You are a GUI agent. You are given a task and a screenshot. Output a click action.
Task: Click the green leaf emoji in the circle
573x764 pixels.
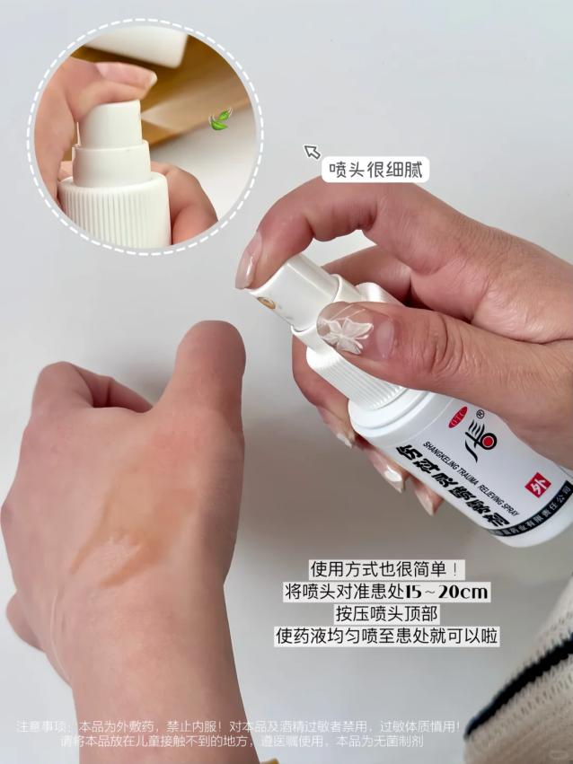220,119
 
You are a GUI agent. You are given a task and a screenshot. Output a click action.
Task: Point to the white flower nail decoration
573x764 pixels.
348,332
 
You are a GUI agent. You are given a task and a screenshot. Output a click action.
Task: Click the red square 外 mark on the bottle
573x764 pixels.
535,483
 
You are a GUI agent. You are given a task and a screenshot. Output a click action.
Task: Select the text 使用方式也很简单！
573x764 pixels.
388,569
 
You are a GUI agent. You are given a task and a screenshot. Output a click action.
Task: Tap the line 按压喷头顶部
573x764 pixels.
388,614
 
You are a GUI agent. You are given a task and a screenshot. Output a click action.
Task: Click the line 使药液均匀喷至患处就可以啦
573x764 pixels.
388,637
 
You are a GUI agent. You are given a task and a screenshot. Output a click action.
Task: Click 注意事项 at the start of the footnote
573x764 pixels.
42,725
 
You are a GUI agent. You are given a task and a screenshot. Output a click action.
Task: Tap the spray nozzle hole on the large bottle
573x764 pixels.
267,304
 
